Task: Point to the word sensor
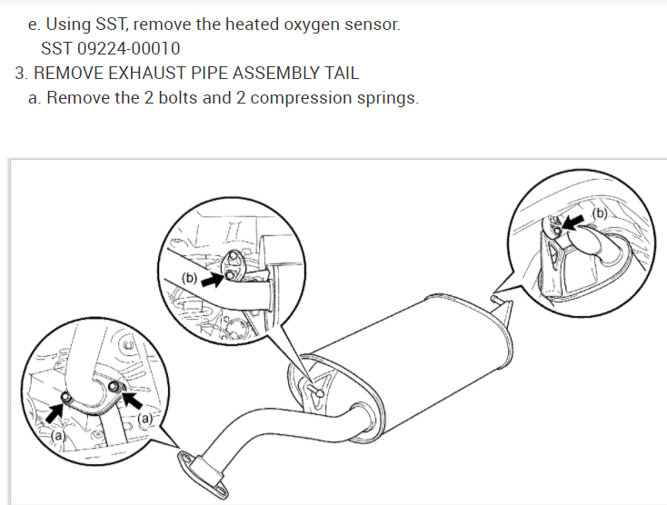(x=371, y=24)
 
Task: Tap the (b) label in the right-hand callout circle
(x=601, y=213)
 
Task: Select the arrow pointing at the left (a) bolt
(x=55, y=411)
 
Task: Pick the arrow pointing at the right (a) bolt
(x=132, y=400)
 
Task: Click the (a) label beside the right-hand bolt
(x=144, y=419)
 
